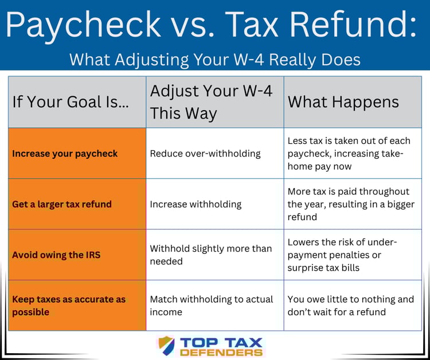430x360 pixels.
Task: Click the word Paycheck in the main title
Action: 84,25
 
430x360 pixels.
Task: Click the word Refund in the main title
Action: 355,25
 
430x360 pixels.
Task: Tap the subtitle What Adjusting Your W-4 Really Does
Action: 215,59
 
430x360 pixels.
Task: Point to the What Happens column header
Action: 343,102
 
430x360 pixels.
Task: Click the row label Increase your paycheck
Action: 65,153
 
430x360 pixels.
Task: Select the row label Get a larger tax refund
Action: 62,204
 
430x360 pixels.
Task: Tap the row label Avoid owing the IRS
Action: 56,255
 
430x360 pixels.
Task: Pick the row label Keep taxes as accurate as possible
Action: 68,306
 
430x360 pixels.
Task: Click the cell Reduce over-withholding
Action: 205,153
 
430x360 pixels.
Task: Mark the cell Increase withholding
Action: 196,204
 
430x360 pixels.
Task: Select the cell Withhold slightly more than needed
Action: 210,255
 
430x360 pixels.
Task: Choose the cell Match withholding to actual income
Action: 211,306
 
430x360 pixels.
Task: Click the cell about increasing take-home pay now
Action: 349,154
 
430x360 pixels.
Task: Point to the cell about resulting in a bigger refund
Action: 350,204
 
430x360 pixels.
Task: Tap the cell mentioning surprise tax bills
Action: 342,255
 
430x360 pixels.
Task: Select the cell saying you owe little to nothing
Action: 350,306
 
